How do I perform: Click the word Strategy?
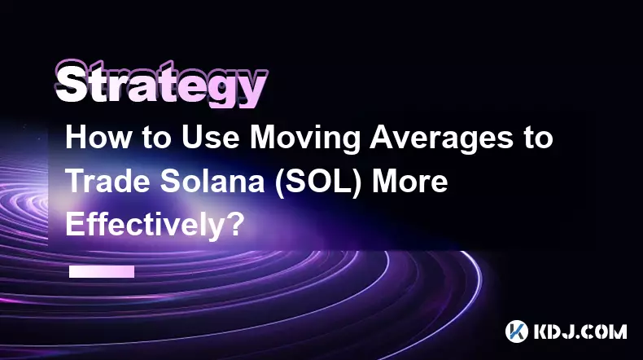pyautogui.click(x=161, y=84)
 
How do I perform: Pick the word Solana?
pyautogui.click(x=212, y=182)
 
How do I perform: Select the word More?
pyautogui.click(x=409, y=182)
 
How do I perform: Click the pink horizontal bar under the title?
pyautogui.click(x=102, y=271)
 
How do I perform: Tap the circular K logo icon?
pyautogui.click(x=517, y=331)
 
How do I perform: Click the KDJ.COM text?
pyautogui.click(x=580, y=331)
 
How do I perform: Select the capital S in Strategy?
pyautogui.click(x=71, y=83)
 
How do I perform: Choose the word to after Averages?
pyautogui.click(x=539, y=138)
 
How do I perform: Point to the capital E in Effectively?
pyautogui.click(x=74, y=224)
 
